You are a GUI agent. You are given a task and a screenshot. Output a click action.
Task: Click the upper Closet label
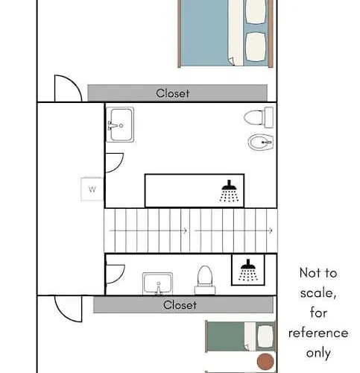coord(173,93)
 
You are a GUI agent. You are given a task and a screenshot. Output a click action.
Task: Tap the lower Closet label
coord(180,305)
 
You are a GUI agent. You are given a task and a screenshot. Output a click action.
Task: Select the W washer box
coord(92,189)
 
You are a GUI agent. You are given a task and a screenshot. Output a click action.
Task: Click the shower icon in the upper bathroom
coord(229,192)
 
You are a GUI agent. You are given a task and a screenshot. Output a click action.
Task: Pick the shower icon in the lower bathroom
coord(247,270)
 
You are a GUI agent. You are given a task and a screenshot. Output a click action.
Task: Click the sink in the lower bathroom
coord(157,283)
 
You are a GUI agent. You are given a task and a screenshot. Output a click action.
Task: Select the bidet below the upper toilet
coord(259,142)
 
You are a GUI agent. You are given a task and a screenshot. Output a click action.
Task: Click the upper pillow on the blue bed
coord(256,10)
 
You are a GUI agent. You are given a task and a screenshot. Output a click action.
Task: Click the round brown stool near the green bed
coord(264,362)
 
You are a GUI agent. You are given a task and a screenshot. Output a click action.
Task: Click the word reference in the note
coord(323,333)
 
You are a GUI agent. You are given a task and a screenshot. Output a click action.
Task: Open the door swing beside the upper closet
coord(67,86)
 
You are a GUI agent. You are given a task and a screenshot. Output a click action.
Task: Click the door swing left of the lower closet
coord(67,307)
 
